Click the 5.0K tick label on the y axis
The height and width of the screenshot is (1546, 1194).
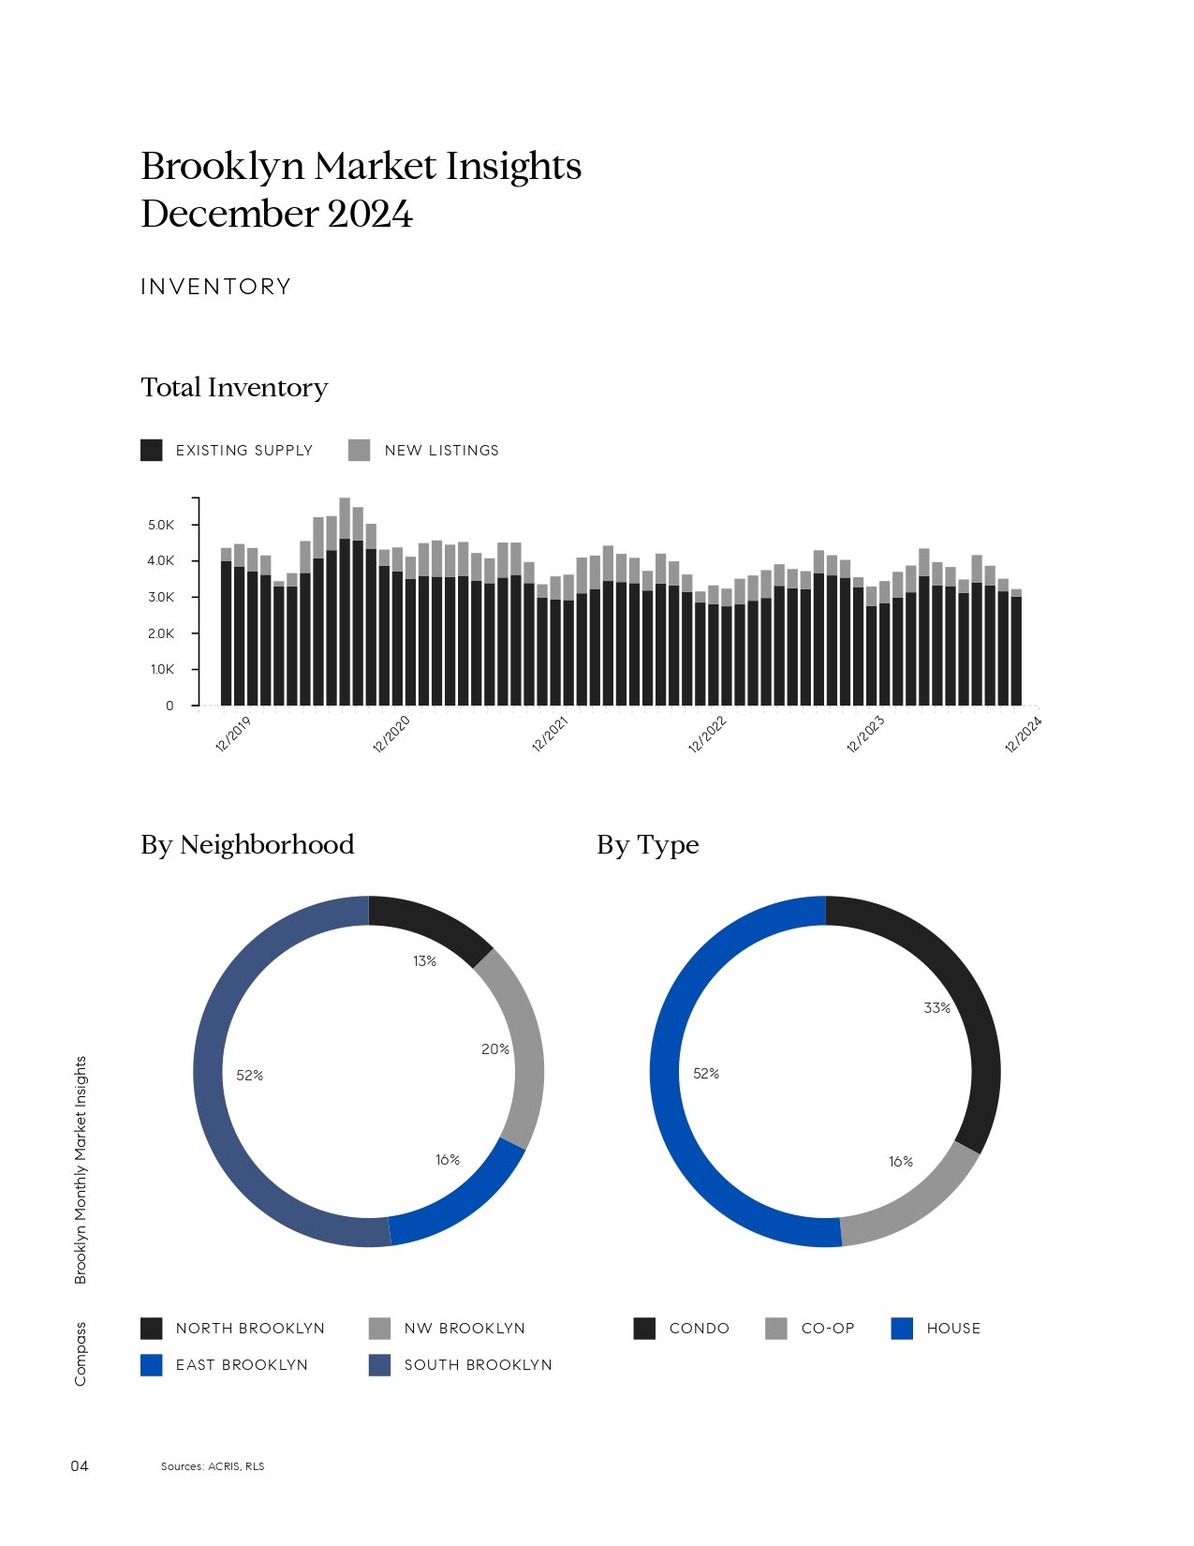click(161, 525)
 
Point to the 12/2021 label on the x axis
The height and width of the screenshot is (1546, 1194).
click(550, 735)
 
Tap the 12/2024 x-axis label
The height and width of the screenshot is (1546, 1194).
click(1023, 735)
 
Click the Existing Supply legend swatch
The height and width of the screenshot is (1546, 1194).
click(152, 451)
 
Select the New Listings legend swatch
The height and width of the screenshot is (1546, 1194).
click(359, 451)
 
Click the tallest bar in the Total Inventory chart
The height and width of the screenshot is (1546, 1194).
click(345, 602)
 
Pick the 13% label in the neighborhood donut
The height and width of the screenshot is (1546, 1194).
click(424, 961)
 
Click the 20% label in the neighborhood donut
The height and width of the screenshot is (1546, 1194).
click(495, 1049)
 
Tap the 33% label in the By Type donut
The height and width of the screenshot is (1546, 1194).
click(936, 1008)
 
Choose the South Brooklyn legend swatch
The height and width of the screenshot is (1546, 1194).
click(380, 1365)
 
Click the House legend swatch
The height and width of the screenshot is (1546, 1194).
click(902, 1329)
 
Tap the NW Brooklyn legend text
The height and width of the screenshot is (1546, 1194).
click(464, 1329)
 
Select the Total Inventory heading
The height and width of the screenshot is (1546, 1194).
click(234, 388)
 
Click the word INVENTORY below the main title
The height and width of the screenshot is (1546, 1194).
click(216, 287)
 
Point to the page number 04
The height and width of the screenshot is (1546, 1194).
click(80, 1465)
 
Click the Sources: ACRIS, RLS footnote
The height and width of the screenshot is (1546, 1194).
click(213, 1466)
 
